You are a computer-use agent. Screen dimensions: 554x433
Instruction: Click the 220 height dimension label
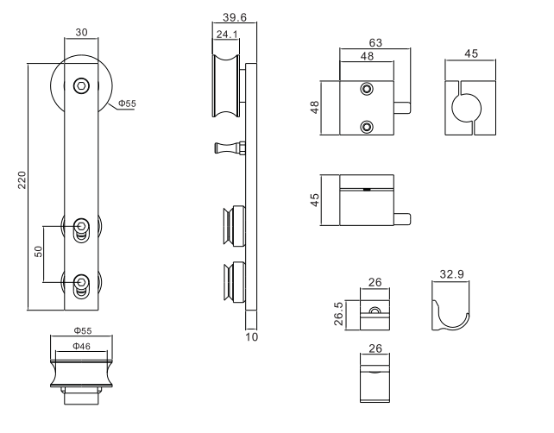click(x=22, y=180)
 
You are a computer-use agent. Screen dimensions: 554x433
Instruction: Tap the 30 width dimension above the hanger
click(x=81, y=33)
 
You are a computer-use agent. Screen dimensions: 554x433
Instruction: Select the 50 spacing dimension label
click(x=38, y=252)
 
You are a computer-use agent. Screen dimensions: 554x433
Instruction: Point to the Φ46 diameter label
click(x=82, y=346)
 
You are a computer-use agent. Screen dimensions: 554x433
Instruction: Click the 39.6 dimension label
click(x=235, y=17)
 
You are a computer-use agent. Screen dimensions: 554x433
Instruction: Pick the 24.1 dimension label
click(x=227, y=35)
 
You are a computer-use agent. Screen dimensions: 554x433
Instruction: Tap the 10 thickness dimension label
click(x=252, y=337)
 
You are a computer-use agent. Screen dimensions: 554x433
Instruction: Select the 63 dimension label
click(x=375, y=43)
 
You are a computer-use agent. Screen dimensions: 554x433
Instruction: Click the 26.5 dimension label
click(x=338, y=314)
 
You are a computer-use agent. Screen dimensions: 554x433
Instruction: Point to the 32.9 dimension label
click(x=451, y=274)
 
